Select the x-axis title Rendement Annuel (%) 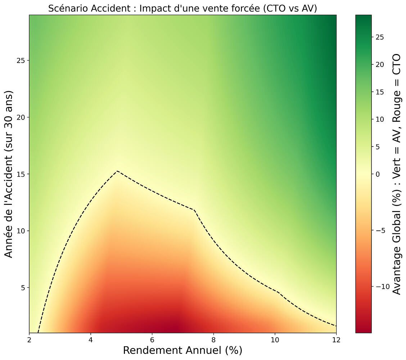coord(182,350)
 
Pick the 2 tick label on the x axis coord(29,341)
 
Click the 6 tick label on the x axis coord(152,341)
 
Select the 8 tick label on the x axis coord(213,341)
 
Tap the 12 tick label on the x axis coord(336,341)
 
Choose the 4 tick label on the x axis coord(91,341)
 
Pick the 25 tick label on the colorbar coord(380,37)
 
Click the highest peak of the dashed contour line coord(117,171)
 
